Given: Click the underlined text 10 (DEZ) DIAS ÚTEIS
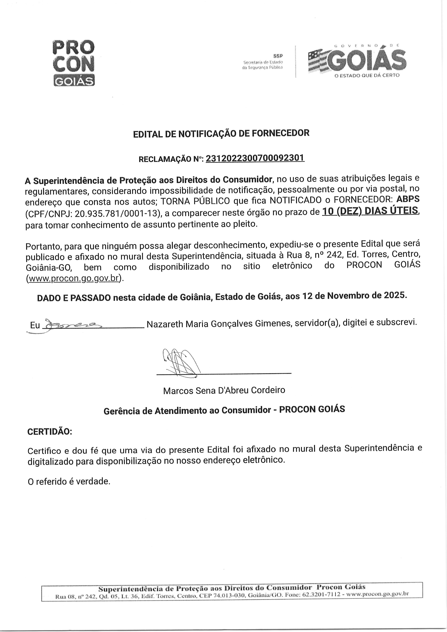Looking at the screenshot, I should [x=370, y=211].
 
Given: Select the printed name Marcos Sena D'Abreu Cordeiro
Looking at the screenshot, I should [x=224, y=390].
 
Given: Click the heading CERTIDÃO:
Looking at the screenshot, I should [x=50, y=431].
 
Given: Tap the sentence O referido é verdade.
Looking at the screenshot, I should [x=69, y=481].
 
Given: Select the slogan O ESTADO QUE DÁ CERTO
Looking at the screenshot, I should [x=367, y=75].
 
